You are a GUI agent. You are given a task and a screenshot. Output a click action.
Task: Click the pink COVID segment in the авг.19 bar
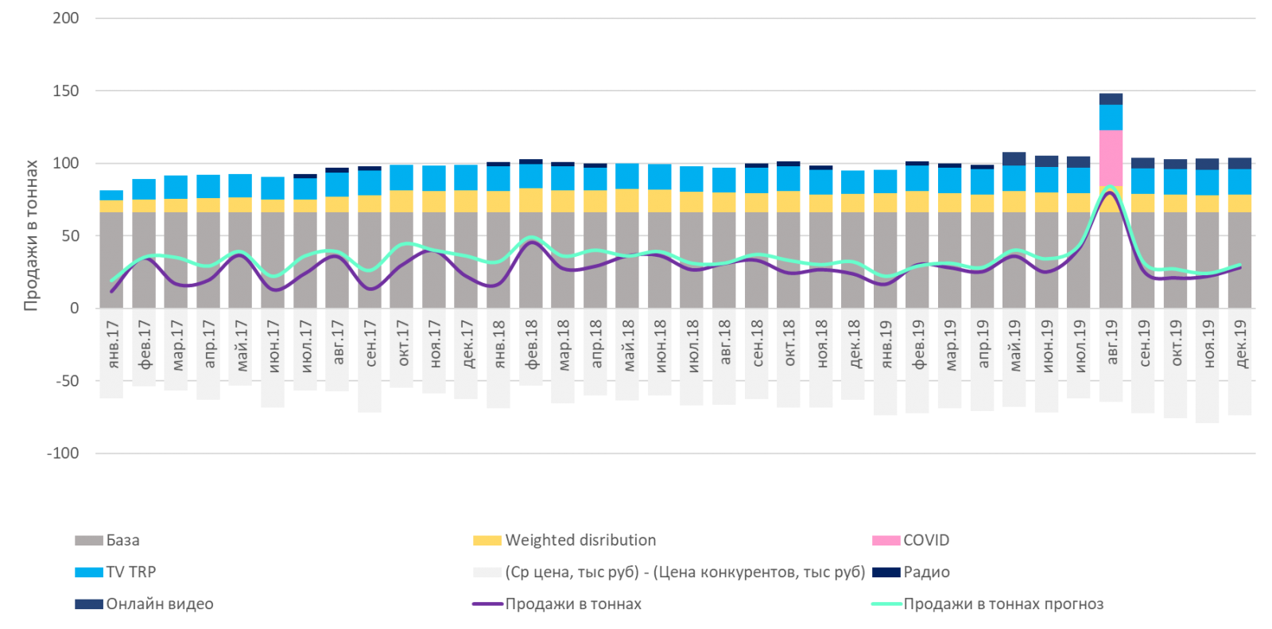[1111, 157]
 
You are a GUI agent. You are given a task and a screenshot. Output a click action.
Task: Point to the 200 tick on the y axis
[66, 18]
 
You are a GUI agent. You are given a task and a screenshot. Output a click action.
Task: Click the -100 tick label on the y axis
[64, 453]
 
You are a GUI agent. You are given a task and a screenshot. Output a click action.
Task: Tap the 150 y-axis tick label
[66, 91]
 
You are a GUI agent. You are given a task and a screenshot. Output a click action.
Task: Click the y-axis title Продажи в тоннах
[31, 235]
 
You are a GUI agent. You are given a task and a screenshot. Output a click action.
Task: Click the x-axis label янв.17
[113, 344]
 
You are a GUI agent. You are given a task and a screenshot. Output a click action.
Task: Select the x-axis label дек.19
[1240, 344]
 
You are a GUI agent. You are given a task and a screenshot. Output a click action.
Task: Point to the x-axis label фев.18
[531, 344]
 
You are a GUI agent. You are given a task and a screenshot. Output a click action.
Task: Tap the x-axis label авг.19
[1111, 344]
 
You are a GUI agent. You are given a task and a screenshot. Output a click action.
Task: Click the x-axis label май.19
[1014, 344]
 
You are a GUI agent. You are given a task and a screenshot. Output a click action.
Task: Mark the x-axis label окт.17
[402, 344]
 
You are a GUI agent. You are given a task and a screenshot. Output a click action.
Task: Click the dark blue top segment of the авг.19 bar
[1111, 99]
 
